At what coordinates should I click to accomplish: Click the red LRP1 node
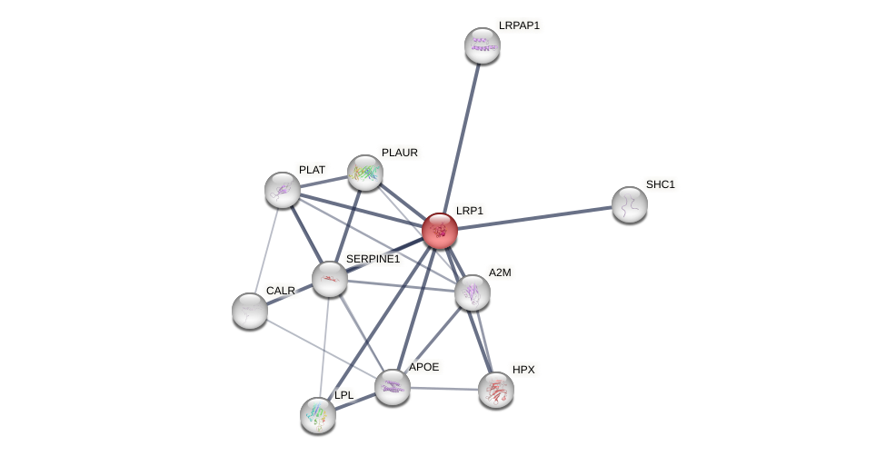coord(440,231)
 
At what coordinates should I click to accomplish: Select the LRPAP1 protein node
coord(483,45)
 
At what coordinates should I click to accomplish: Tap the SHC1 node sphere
coord(630,205)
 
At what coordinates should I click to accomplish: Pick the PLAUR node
coord(365,173)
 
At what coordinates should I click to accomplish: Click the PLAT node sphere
coord(283,191)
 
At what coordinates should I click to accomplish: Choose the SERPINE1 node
coord(330,279)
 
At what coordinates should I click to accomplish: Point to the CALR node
coord(250,311)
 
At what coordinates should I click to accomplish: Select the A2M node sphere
coord(473,292)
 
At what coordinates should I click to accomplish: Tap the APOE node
coord(393,388)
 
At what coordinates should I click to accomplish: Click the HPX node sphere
coord(496,391)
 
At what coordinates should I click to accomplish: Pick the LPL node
coord(318,415)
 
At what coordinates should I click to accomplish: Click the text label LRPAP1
coord(519,25)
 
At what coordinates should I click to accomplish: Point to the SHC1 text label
coord(661,184)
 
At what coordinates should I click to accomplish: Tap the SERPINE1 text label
coord(373,260)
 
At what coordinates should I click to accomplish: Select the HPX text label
coord(523,370)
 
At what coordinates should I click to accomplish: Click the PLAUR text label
coord(400,154)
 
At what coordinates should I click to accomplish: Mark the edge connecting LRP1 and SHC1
coord(534,218)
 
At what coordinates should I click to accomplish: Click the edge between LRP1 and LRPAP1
coord(461,138)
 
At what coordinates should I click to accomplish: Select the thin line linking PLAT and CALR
coord(266,251)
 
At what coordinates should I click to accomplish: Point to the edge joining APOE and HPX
coord(444,390)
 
